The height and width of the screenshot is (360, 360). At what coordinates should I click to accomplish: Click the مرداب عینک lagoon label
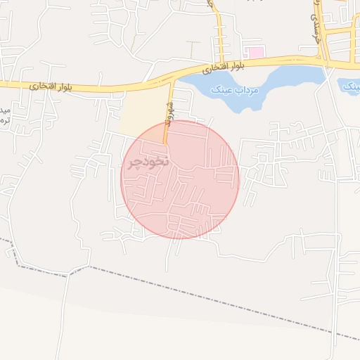pyautogui.click(x=239, y=90)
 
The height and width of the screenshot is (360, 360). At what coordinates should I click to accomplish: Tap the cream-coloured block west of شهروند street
pyautogui.click(x=144, y=112)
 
